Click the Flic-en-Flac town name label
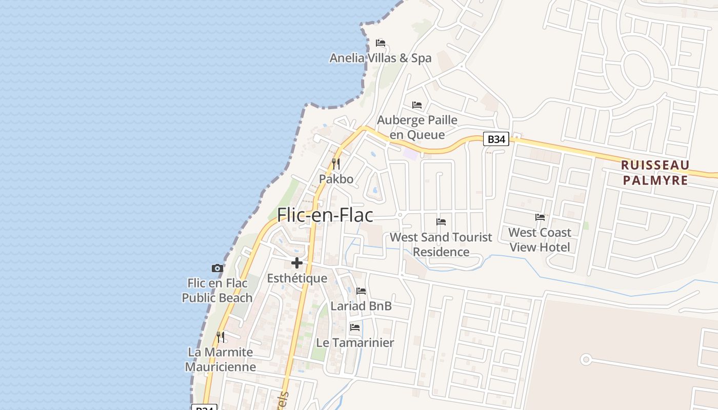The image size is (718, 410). pos(325,215)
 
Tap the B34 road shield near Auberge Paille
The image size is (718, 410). pos(496,139)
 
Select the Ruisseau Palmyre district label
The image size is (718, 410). pos(655,172)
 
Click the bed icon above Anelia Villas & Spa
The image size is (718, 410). pos(381,43)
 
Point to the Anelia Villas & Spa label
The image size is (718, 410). pos(381,58)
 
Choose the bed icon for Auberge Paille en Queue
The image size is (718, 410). pos(417,105)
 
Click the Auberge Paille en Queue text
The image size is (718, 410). pos(417,127)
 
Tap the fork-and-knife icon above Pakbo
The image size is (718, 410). pos(336,164)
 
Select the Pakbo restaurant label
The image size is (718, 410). pos(336,179)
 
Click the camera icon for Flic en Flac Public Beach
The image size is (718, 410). pos(217,268)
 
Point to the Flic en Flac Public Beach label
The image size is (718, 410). pos(217,290)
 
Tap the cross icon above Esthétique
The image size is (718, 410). pos(296,263)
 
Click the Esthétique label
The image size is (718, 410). pos(297,278)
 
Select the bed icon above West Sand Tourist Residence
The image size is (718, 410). pos(441,222)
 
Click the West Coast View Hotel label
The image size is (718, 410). pos(540,240)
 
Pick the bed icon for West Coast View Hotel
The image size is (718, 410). pos(540,217)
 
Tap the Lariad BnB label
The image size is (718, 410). pos(361,306)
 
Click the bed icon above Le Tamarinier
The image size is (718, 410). pos(354,327)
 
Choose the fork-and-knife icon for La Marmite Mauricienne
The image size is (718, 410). pos(221,337)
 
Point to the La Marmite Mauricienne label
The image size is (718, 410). pos(221,359)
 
